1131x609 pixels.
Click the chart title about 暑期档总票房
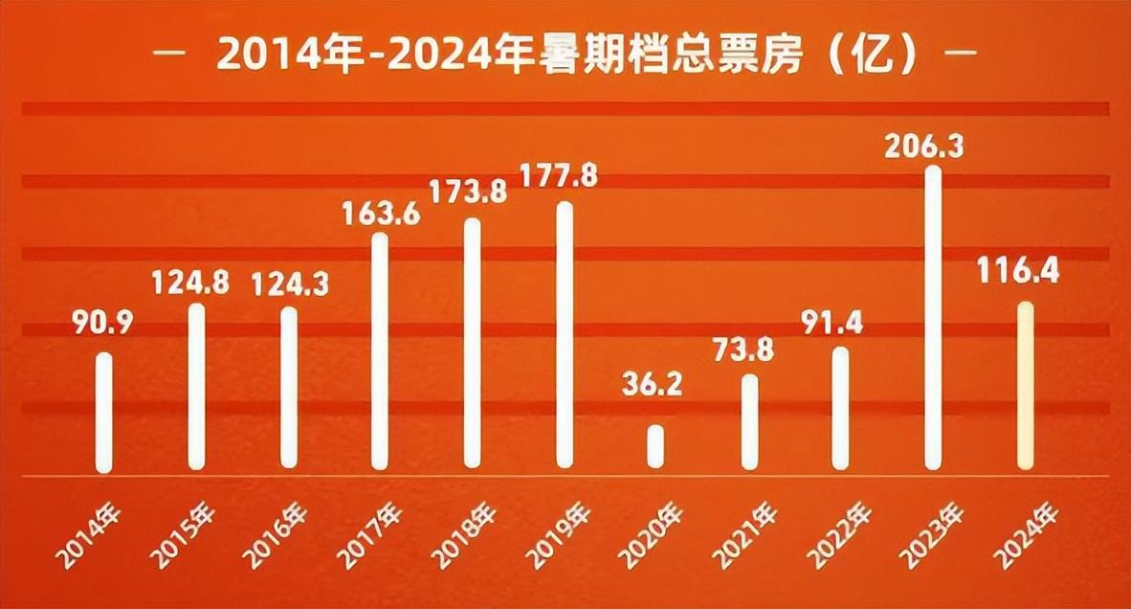click(x=565, y=55)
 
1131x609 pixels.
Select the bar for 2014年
click(x=103, y=412)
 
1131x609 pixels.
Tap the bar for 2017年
click(x=380, y=350)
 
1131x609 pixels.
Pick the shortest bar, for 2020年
click(x=655, y=446)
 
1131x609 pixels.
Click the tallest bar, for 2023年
click(x=932, y=318)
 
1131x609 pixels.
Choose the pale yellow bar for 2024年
click(x=1025, y=385)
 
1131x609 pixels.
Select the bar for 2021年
click(x=749, y=421)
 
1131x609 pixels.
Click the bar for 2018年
click(x=472, y=343)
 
